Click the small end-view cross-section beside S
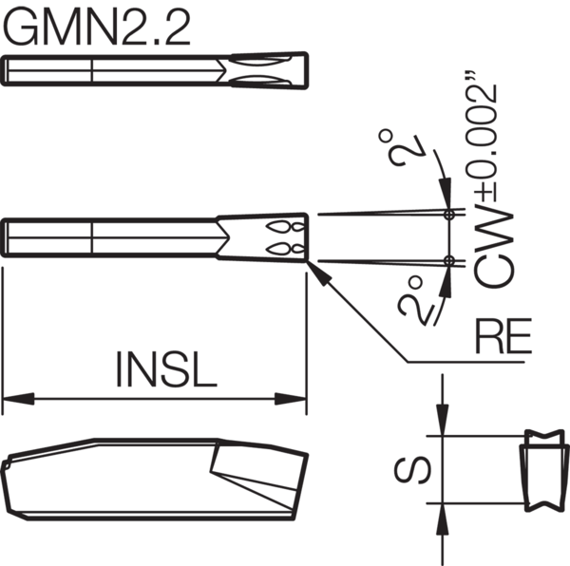[x=540, y=470]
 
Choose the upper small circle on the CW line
[x=447, y=215]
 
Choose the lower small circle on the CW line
[x=447, y=259]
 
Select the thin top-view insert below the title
[x=157, y=71]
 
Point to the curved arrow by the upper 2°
[x=438, y=171]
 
